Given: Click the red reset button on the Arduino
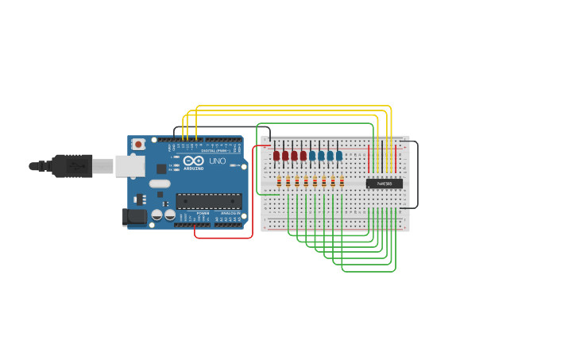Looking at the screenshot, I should click(139, 144).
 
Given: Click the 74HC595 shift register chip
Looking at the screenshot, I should click(384, 184).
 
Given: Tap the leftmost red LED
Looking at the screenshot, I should click(276, 156).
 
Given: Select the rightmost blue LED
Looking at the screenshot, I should click(339, 156).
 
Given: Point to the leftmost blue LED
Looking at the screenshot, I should click(312, 156).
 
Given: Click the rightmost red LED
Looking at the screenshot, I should click(303, 156).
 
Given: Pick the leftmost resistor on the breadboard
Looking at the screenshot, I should click(279, 182).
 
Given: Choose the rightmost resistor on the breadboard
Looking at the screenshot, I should click(342, 182).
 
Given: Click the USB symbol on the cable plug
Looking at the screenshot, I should click(77, 166).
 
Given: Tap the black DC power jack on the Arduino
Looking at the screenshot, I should click(135, 215).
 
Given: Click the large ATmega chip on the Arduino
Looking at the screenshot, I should click(208, 201).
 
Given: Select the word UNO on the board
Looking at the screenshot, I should click(217, 161).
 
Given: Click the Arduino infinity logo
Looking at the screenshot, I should click(194, 161).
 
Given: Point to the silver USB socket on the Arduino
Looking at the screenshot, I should click(130, 166).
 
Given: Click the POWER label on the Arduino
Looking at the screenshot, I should click(203, 213).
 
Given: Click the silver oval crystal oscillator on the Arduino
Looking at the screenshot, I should click(160, 184).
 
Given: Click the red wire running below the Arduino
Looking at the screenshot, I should click(222, 238).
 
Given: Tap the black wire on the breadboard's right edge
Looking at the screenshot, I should click(417, 175).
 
